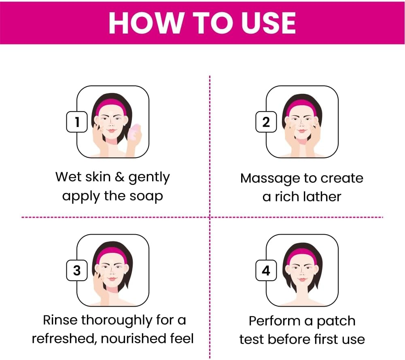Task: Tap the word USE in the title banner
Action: (x=268, y=23)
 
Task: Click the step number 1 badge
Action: (x=77, y=122)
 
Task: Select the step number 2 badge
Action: (x=266, y=122)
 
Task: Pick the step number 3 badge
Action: (x=77, y=270)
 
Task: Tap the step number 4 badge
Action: (x=266, y=270)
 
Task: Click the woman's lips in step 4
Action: (x=302, y=280)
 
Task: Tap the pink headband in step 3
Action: (x=111, y=254)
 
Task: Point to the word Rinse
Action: (x=60, y=320)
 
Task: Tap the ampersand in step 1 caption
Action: (x=119, y=177)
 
